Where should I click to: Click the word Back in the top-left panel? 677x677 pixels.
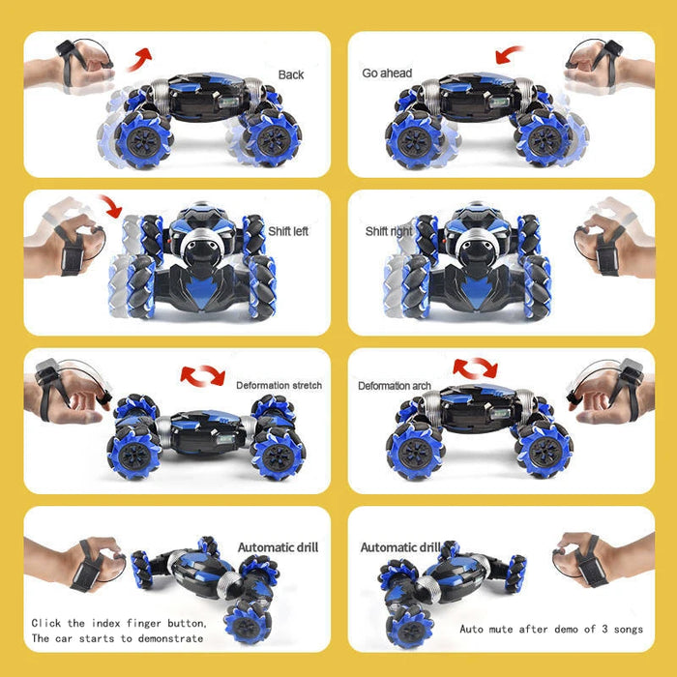click(290, 74)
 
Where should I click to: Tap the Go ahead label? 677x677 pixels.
click(387, 74)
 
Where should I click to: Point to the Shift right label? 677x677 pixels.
click(389, 231)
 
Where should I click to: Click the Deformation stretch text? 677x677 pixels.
click(279, 385)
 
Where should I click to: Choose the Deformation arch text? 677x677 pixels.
click(395, 386)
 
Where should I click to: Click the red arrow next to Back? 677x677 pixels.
click(142, 57)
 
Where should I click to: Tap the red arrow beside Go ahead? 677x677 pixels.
click(509, 55)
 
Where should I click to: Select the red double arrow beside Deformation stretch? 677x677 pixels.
click(202, 375)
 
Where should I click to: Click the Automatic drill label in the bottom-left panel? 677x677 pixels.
click(278, 547)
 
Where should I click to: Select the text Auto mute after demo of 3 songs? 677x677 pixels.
click(551, 630)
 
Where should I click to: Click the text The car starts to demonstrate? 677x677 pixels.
click(118, 638)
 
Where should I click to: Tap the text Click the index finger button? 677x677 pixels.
click(119, 622)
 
